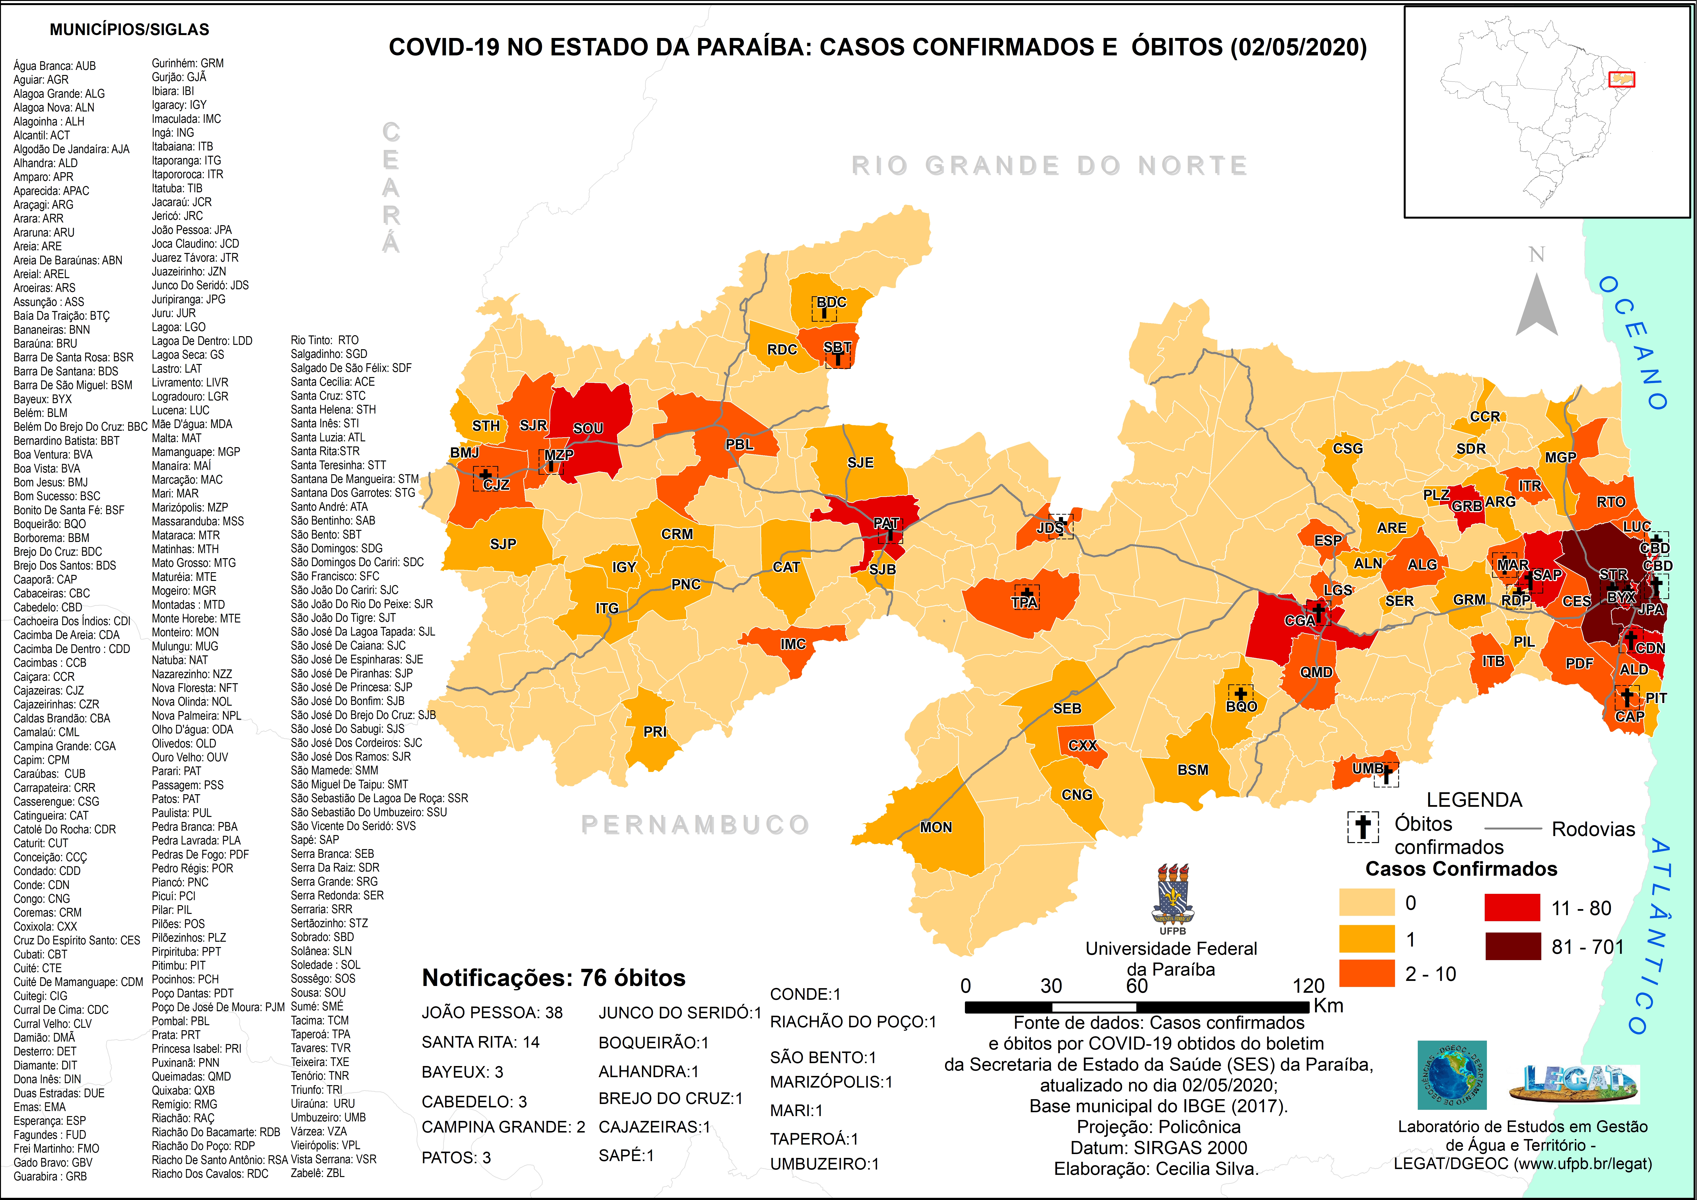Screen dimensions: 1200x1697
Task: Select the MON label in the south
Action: pos(936,827)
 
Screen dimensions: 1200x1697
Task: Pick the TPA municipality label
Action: pos(1024,603)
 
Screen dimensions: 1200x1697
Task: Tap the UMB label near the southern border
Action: pos(1367,769)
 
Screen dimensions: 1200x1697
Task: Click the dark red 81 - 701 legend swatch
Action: pos(1512,946)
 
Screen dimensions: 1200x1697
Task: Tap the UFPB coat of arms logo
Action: pos(1172,895)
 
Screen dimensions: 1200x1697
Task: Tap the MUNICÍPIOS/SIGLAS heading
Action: pos(129,30)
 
